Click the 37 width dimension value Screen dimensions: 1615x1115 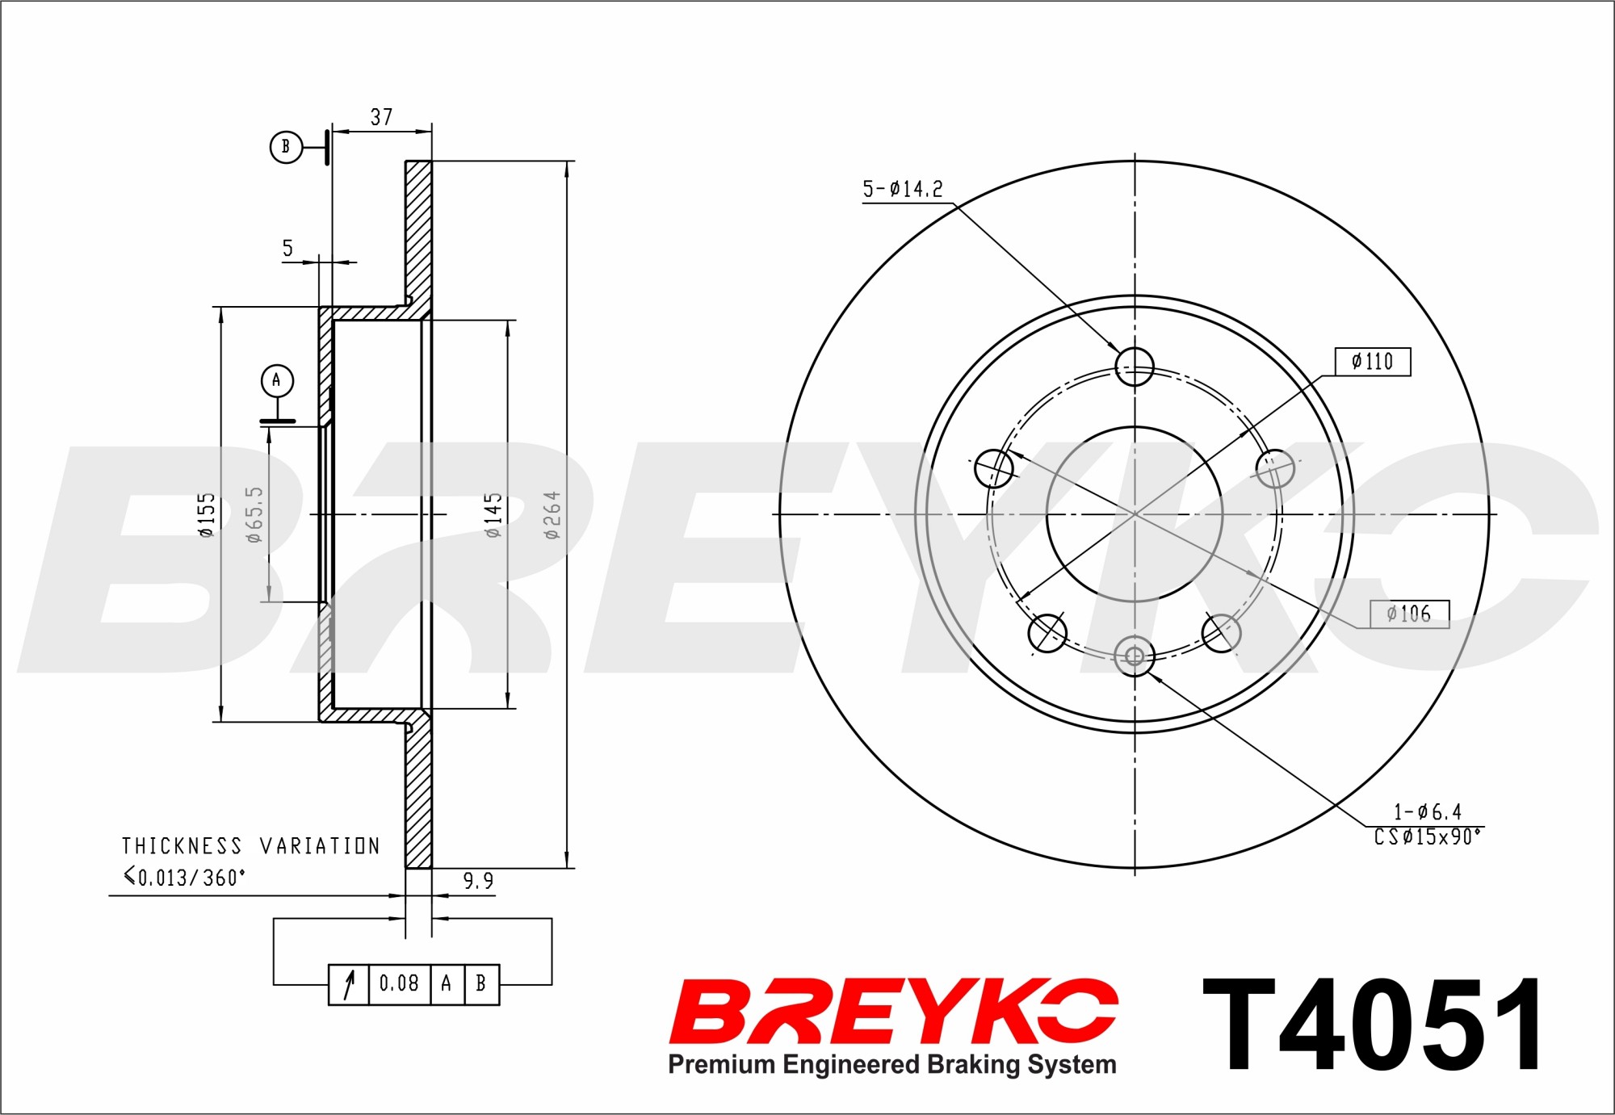[x=381, y=117]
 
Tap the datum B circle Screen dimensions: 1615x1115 [x=285, y=147]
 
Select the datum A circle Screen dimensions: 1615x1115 [x=277, y=380]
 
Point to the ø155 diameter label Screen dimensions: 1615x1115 [x=207, y=515]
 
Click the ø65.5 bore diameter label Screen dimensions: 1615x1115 [x=254, y=514]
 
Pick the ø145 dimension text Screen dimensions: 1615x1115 [x=493, y=515]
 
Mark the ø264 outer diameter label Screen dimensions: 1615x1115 [x=552, y=515]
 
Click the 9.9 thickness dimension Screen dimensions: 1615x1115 [x=478, y=881]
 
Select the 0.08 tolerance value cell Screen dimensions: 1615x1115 [x=399, y=983]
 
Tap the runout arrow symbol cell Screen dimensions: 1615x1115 [x=349, y=984]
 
